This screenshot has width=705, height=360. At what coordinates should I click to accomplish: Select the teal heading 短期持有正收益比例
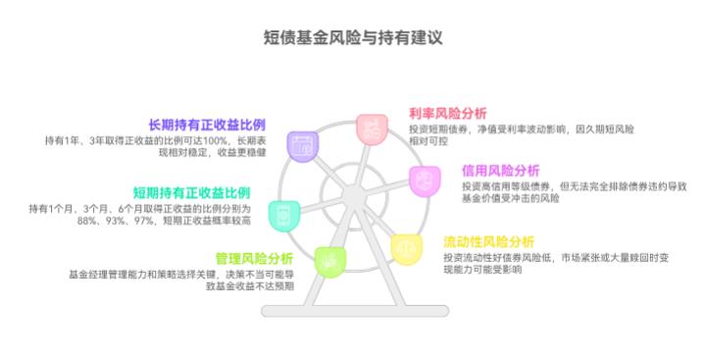pyautogui.click(x=191, y=192)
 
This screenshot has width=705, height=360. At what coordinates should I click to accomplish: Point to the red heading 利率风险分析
pyautogui.click(x=447, y=113)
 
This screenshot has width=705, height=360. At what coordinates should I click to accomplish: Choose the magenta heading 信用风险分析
pyautogui.click(x=500, y=170)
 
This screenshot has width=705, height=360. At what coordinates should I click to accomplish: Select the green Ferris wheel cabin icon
pyautogui.click(x=328, y=261)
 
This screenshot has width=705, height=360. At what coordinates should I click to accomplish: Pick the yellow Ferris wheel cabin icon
pyautogui.click(x=405, y=248)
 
